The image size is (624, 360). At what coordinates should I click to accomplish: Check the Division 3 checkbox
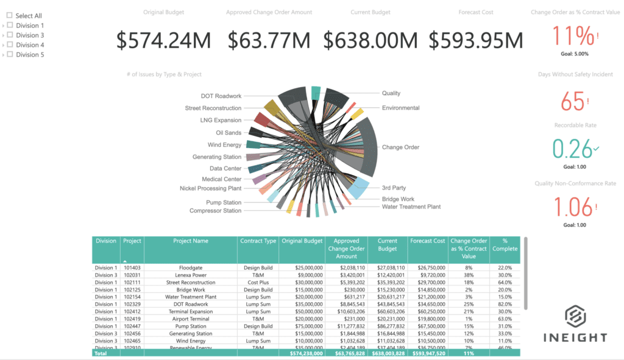(10, 35)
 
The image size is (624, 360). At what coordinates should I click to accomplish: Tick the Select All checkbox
(10, 15)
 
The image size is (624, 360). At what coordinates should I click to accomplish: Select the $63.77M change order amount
(269, 40)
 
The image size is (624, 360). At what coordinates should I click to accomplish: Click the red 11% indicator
(573, 36)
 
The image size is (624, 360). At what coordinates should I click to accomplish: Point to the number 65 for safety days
(572, 102)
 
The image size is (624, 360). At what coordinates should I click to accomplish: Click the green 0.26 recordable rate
(572, 149)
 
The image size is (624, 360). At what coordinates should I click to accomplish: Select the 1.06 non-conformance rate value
(572, 207)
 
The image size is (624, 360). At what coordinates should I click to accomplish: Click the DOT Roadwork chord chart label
(221, 96)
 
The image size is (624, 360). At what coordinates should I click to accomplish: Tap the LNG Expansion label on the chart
(221, 121)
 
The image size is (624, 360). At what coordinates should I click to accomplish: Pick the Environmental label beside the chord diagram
(400, 108)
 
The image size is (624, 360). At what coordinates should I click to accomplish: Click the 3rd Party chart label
(394, 188)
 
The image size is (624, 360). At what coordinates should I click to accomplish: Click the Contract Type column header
(258, 241)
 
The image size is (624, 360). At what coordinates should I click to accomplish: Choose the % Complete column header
(505, 245)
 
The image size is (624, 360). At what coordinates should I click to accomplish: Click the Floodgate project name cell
(191, 268)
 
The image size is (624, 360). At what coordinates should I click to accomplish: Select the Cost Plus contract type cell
(258, 283)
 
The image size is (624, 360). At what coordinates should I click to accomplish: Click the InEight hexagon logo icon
(574, 317)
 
